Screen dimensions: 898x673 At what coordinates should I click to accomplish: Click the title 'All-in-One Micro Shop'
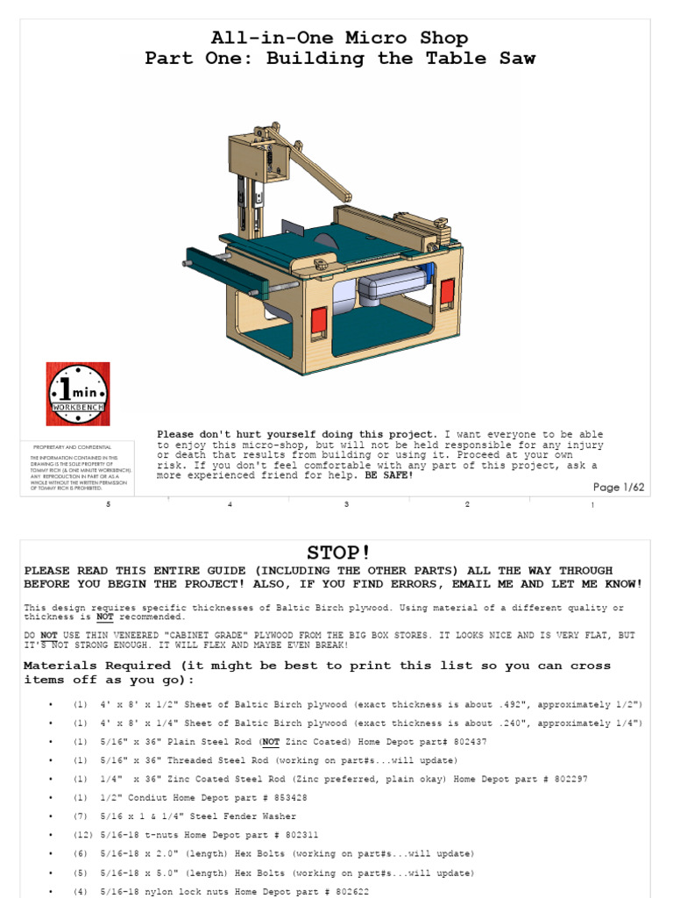(x=339, y=38)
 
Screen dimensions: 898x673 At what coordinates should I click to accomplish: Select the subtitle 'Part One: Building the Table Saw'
(x=339, y=59)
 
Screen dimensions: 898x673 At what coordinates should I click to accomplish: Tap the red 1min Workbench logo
(x=78, y=394)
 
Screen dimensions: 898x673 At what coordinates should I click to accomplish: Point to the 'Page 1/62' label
(x=620, y=488)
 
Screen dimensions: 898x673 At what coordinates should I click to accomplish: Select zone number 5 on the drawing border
(x=109, y=505)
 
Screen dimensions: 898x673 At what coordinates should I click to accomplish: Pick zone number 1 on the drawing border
(x=592, y=505)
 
